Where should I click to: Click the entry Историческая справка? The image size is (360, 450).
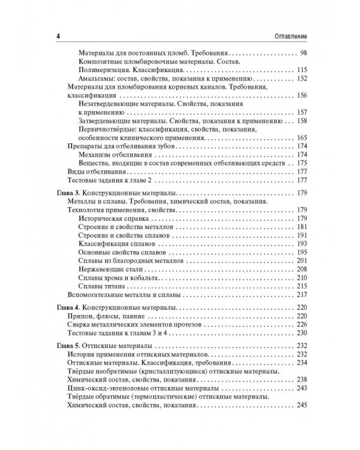[114, 218]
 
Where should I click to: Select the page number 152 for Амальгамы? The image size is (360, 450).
[301, 79]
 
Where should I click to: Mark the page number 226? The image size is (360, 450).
[301, 324]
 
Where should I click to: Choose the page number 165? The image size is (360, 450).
[301, 137]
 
